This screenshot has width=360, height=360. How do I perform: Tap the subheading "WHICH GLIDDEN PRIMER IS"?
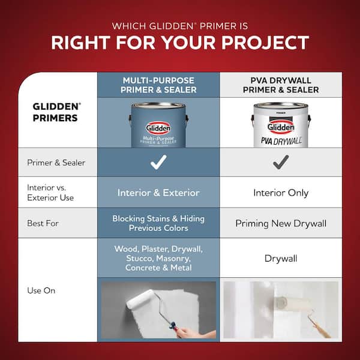180,25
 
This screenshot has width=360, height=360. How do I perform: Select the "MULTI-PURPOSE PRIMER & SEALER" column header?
158,85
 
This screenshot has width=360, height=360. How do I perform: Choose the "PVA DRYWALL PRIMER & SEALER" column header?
281,85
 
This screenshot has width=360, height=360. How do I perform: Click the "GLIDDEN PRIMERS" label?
55,112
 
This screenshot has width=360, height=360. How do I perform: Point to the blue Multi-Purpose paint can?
158,125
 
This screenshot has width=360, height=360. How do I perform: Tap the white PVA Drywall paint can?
280,125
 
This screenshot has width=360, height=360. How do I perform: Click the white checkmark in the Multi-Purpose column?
158,162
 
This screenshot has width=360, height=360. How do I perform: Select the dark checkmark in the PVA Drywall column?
281,162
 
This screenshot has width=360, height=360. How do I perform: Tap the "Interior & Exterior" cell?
158,193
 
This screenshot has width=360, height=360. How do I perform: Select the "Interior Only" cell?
281,193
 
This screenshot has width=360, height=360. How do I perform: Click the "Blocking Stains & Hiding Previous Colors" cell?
158,223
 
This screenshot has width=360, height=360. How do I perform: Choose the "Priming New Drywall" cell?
281,223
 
